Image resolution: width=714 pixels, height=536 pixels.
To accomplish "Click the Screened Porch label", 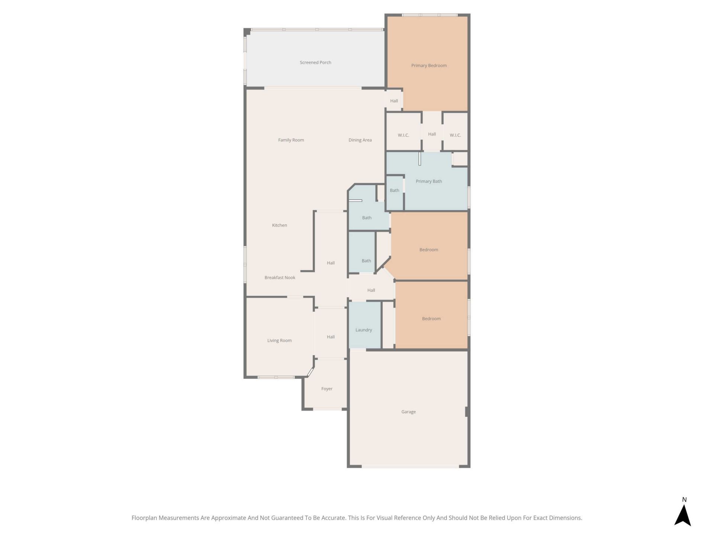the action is pos(315,63).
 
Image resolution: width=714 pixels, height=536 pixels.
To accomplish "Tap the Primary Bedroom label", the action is pos(429,66).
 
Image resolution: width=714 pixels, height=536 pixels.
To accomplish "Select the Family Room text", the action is pos(291,140).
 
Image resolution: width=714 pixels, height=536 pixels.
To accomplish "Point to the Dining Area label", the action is pos(360,140).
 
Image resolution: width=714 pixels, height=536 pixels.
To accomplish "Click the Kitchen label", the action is pos(280,225).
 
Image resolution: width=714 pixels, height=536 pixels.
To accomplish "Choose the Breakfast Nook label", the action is pos(280,278).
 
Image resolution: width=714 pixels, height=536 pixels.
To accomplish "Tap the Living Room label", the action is pos(279,341).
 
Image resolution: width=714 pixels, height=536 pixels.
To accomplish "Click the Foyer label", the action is pos(327,389).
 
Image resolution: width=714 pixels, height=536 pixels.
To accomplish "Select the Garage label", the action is pos(408,412).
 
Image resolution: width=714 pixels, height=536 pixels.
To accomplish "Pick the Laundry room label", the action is pos(364,330).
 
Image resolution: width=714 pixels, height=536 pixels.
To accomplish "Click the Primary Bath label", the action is pos(429,181).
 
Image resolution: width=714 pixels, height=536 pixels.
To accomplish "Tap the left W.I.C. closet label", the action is pos(403,135).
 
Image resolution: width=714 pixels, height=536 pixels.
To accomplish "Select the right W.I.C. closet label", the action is pos(455,135).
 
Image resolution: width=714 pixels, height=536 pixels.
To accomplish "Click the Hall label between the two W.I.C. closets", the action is pos(432,134).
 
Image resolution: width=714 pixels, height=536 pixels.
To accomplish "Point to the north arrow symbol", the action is pos(683,515).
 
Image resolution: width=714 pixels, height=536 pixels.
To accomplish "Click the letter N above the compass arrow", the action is pos(684,500).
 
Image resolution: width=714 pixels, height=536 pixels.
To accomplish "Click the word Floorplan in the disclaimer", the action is pos(145,518).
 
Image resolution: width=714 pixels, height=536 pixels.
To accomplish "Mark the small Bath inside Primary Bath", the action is pos(395,191).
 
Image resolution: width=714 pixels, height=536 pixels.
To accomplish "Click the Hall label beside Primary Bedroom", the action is pos(394,101).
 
